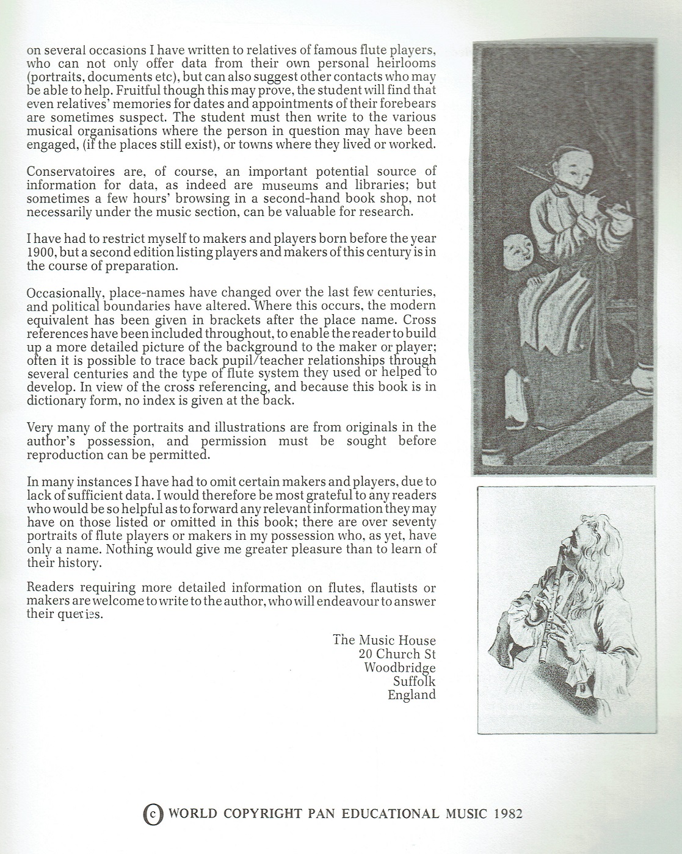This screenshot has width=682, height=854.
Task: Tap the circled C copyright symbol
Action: tap(153, 814)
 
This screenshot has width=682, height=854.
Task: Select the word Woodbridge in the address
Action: tap(400, 667)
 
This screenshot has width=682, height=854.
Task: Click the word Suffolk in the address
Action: tap(415, 681)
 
